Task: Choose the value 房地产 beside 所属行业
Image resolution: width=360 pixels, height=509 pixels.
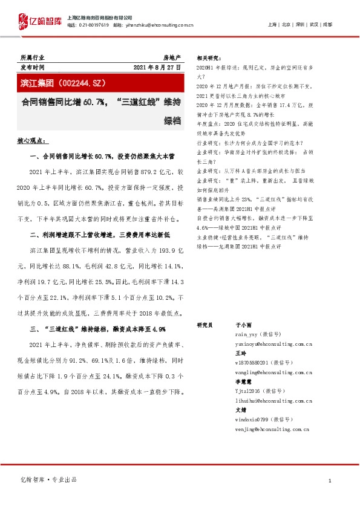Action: pyautogui.click(x=172, y=56)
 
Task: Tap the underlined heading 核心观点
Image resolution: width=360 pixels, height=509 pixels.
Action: pyautogui.click(x=33, y=141)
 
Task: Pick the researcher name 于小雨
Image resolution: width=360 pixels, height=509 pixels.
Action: pyautogui.click(x=241, y=325)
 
